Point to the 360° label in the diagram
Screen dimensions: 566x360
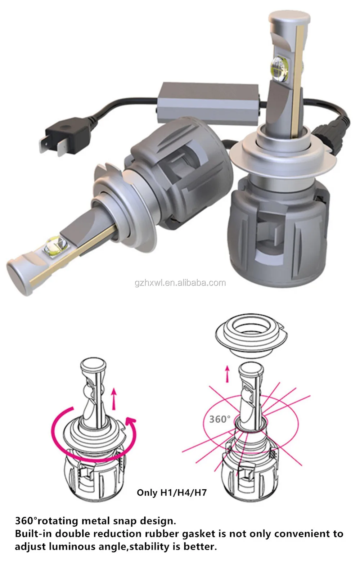220,419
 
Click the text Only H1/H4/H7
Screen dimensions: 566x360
172,492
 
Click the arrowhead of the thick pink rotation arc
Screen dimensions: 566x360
130,421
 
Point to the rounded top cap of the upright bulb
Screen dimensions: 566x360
289,18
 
